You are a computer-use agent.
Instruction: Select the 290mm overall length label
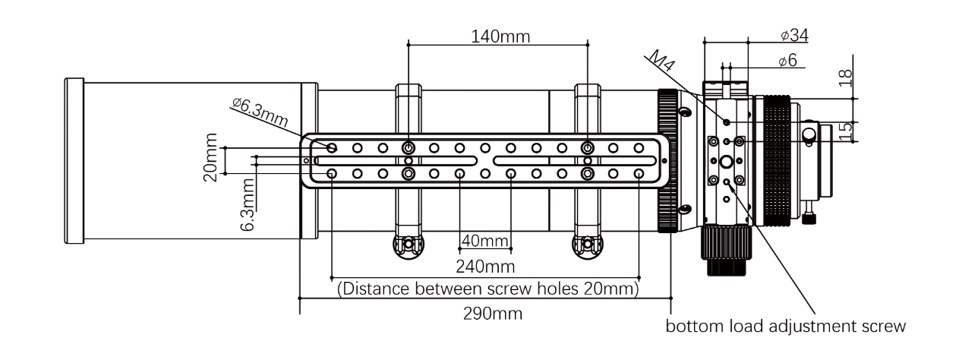coord(493,313)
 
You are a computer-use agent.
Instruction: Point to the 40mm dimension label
coord(484,242)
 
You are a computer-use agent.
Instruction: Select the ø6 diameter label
coord(788,62)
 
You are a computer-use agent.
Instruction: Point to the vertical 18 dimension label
coord(845,77)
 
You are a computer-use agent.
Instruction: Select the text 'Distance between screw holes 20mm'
coord(487,289)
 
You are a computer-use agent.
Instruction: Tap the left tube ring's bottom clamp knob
coord(409,245)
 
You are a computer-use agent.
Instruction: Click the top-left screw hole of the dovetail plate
coord(332,147)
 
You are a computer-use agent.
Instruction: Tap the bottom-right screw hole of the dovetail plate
coord(639,174)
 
